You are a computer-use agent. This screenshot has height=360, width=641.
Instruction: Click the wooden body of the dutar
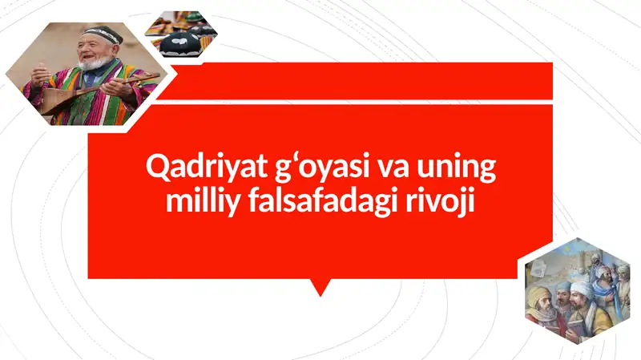58,99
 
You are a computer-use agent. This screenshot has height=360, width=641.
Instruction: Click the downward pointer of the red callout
320,286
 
